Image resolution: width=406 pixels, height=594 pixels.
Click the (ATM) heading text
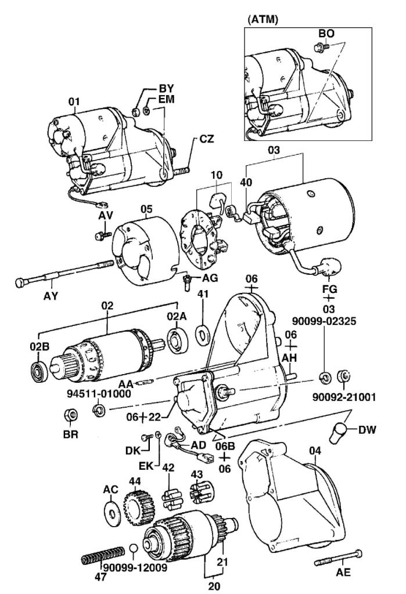click(x=263, y=19)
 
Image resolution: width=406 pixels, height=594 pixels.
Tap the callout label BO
click(x=326, y=34)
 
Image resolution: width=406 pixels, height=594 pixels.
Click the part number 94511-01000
click(x=98, y=393)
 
